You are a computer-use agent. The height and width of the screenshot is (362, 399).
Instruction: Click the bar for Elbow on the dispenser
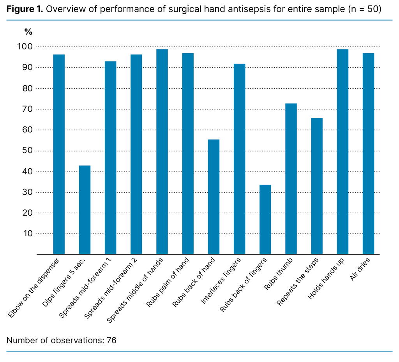tap(59, 154)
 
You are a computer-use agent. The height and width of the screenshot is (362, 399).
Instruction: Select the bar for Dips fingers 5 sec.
tap(85, 210)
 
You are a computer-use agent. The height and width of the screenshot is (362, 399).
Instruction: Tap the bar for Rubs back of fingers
tap(265, 220)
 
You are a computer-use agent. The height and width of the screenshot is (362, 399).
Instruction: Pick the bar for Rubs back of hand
tap(214, 197)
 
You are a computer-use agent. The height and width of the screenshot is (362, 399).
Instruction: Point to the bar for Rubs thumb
tap(291, 179)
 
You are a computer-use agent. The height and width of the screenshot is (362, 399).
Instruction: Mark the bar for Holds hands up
tap(343, 152)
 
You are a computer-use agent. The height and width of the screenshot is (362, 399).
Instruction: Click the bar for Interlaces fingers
tap(239, 159)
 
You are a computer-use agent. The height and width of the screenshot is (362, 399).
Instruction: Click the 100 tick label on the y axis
tap(26, 47)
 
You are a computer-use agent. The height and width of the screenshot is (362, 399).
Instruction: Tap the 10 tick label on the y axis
tap(28, 234)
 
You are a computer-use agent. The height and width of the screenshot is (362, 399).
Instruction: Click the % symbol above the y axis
tap(28, 32)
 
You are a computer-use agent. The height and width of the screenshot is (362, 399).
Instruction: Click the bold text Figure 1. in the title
tap(25, 9)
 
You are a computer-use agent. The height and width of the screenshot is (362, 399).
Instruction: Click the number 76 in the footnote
tap(111, 340)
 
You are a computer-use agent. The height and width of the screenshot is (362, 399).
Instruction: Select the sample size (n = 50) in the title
tap(364, 9)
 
